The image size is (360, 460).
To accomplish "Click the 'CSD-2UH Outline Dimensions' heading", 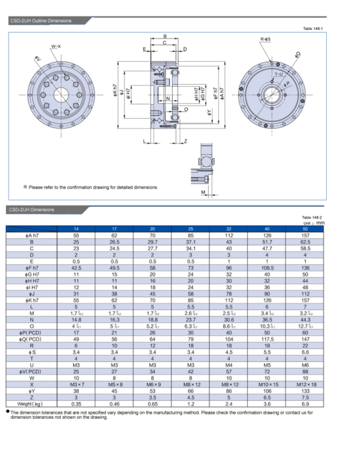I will pyautogui.click(x=40, y=22).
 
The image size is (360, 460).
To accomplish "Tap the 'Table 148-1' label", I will pyautogui.click(x=313, y=29).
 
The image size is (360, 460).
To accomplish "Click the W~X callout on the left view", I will pyautogui.click(x=56, y=47).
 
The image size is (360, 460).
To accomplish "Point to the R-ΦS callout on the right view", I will pyautogui.click(x=265, y=40).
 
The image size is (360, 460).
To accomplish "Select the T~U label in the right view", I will pyautogui.click(x=278, y=75).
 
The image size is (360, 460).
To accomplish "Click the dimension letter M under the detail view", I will pyautogui.click(x=203, y=192).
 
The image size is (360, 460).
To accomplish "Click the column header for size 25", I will pyautogui.click(x=190, y=229).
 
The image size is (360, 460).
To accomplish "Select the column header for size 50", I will pyautogui.click(x=305, y=229).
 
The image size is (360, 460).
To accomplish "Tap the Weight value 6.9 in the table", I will pyautogui.click(x=305, y=404).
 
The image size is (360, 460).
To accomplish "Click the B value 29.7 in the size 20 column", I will pyautogui.click(x=153, y=241).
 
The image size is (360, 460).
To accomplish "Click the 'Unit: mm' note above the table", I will pyautogui.click(x=314, y=223).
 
